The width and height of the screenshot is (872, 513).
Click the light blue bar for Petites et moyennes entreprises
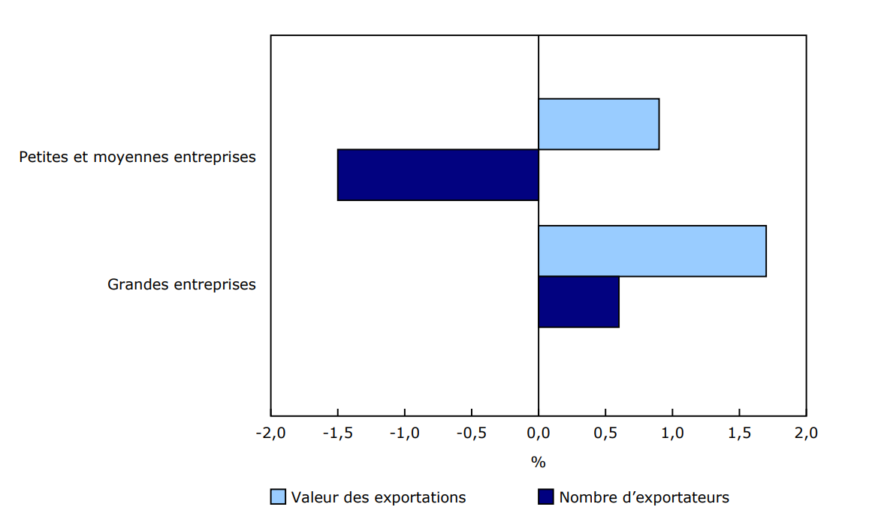point(599,124)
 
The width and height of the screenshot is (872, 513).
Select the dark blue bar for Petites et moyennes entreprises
point(438,175)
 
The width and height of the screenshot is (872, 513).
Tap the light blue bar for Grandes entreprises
point(652,250)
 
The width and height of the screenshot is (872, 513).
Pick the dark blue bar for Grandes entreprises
point(578,301)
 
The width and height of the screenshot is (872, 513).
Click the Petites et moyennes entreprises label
point(137,157)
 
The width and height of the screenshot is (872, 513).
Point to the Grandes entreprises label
point(182,285)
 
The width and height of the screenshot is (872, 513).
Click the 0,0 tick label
point(539,433)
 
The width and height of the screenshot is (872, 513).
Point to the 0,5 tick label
point(605,433)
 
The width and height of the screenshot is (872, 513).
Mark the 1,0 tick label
point(672,433)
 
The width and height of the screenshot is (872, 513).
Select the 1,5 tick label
point(739,433)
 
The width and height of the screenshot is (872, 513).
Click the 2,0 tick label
point(806,433)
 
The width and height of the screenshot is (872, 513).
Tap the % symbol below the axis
point(539,463)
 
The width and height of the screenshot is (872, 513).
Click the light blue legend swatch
point(278,497)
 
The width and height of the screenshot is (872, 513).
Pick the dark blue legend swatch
point(546,497)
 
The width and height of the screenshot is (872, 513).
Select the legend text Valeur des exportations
point(379,497)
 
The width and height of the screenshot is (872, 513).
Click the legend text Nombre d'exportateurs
point(644,497)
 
